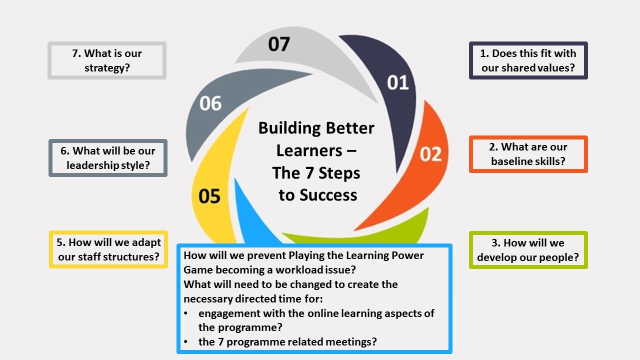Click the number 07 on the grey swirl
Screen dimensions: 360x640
coord(278,44)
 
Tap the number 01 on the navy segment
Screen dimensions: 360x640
coord(398,82)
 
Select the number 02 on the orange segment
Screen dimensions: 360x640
coord(430,153)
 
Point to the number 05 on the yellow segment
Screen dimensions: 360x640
coord(209,196)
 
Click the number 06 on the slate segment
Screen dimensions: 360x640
coord(210,103)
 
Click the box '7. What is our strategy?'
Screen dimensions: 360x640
coord(107,60)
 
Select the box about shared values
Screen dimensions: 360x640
coord(528,60)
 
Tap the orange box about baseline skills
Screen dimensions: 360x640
coord(528,154)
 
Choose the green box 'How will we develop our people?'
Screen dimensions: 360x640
coord(528,250)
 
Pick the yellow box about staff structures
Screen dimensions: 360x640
coord(108,249)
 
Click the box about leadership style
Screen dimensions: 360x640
coord(108,158)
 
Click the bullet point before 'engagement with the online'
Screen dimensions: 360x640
coord(186,313)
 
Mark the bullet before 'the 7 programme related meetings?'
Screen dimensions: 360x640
coord(186,342)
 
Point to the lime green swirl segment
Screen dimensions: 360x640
coord(410,227)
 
